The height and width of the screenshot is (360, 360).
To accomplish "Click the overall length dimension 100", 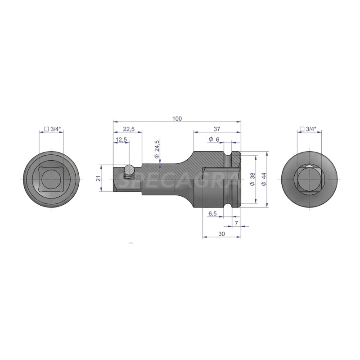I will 176,118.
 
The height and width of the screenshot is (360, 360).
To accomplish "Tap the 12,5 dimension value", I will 121,140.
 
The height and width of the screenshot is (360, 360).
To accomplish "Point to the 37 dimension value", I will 217,129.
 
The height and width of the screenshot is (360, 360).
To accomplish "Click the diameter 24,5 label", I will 156,149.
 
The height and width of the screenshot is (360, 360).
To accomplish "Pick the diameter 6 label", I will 214,139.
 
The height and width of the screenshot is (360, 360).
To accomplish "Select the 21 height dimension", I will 99,179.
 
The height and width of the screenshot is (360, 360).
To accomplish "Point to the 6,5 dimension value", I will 213,213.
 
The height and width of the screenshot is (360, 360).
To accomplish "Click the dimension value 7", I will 236,224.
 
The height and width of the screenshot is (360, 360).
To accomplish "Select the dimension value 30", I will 221,234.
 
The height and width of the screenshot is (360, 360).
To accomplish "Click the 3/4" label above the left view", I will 52,129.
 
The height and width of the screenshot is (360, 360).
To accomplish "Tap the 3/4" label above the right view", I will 308,129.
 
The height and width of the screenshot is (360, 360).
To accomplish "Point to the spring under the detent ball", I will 129,177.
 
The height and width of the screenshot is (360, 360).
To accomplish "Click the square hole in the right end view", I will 308,179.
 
